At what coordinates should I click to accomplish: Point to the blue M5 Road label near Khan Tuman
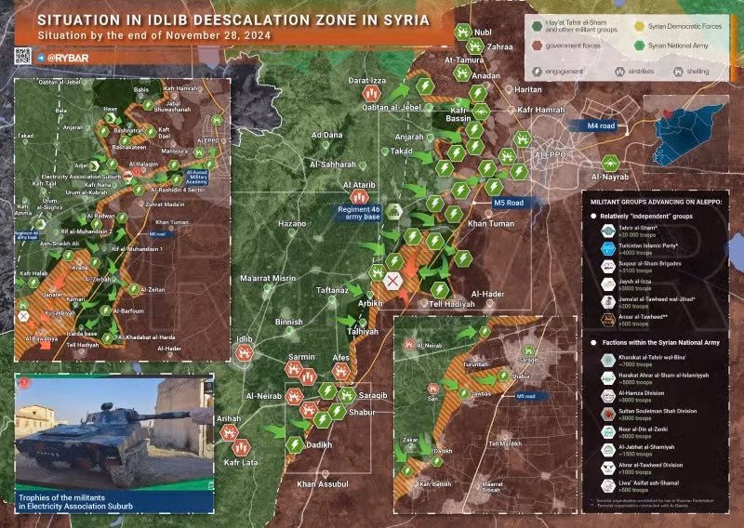click(x=508, y=203)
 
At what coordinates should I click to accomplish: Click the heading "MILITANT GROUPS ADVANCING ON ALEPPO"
click(x=657, y=201)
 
